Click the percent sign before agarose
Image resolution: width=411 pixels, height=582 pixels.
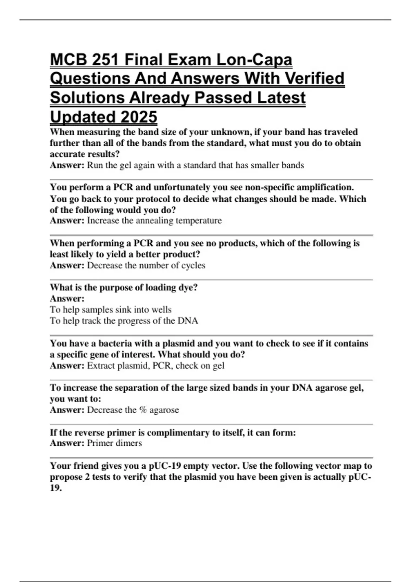(x=143, y=410)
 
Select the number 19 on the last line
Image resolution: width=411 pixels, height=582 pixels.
(x=55, y=488)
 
